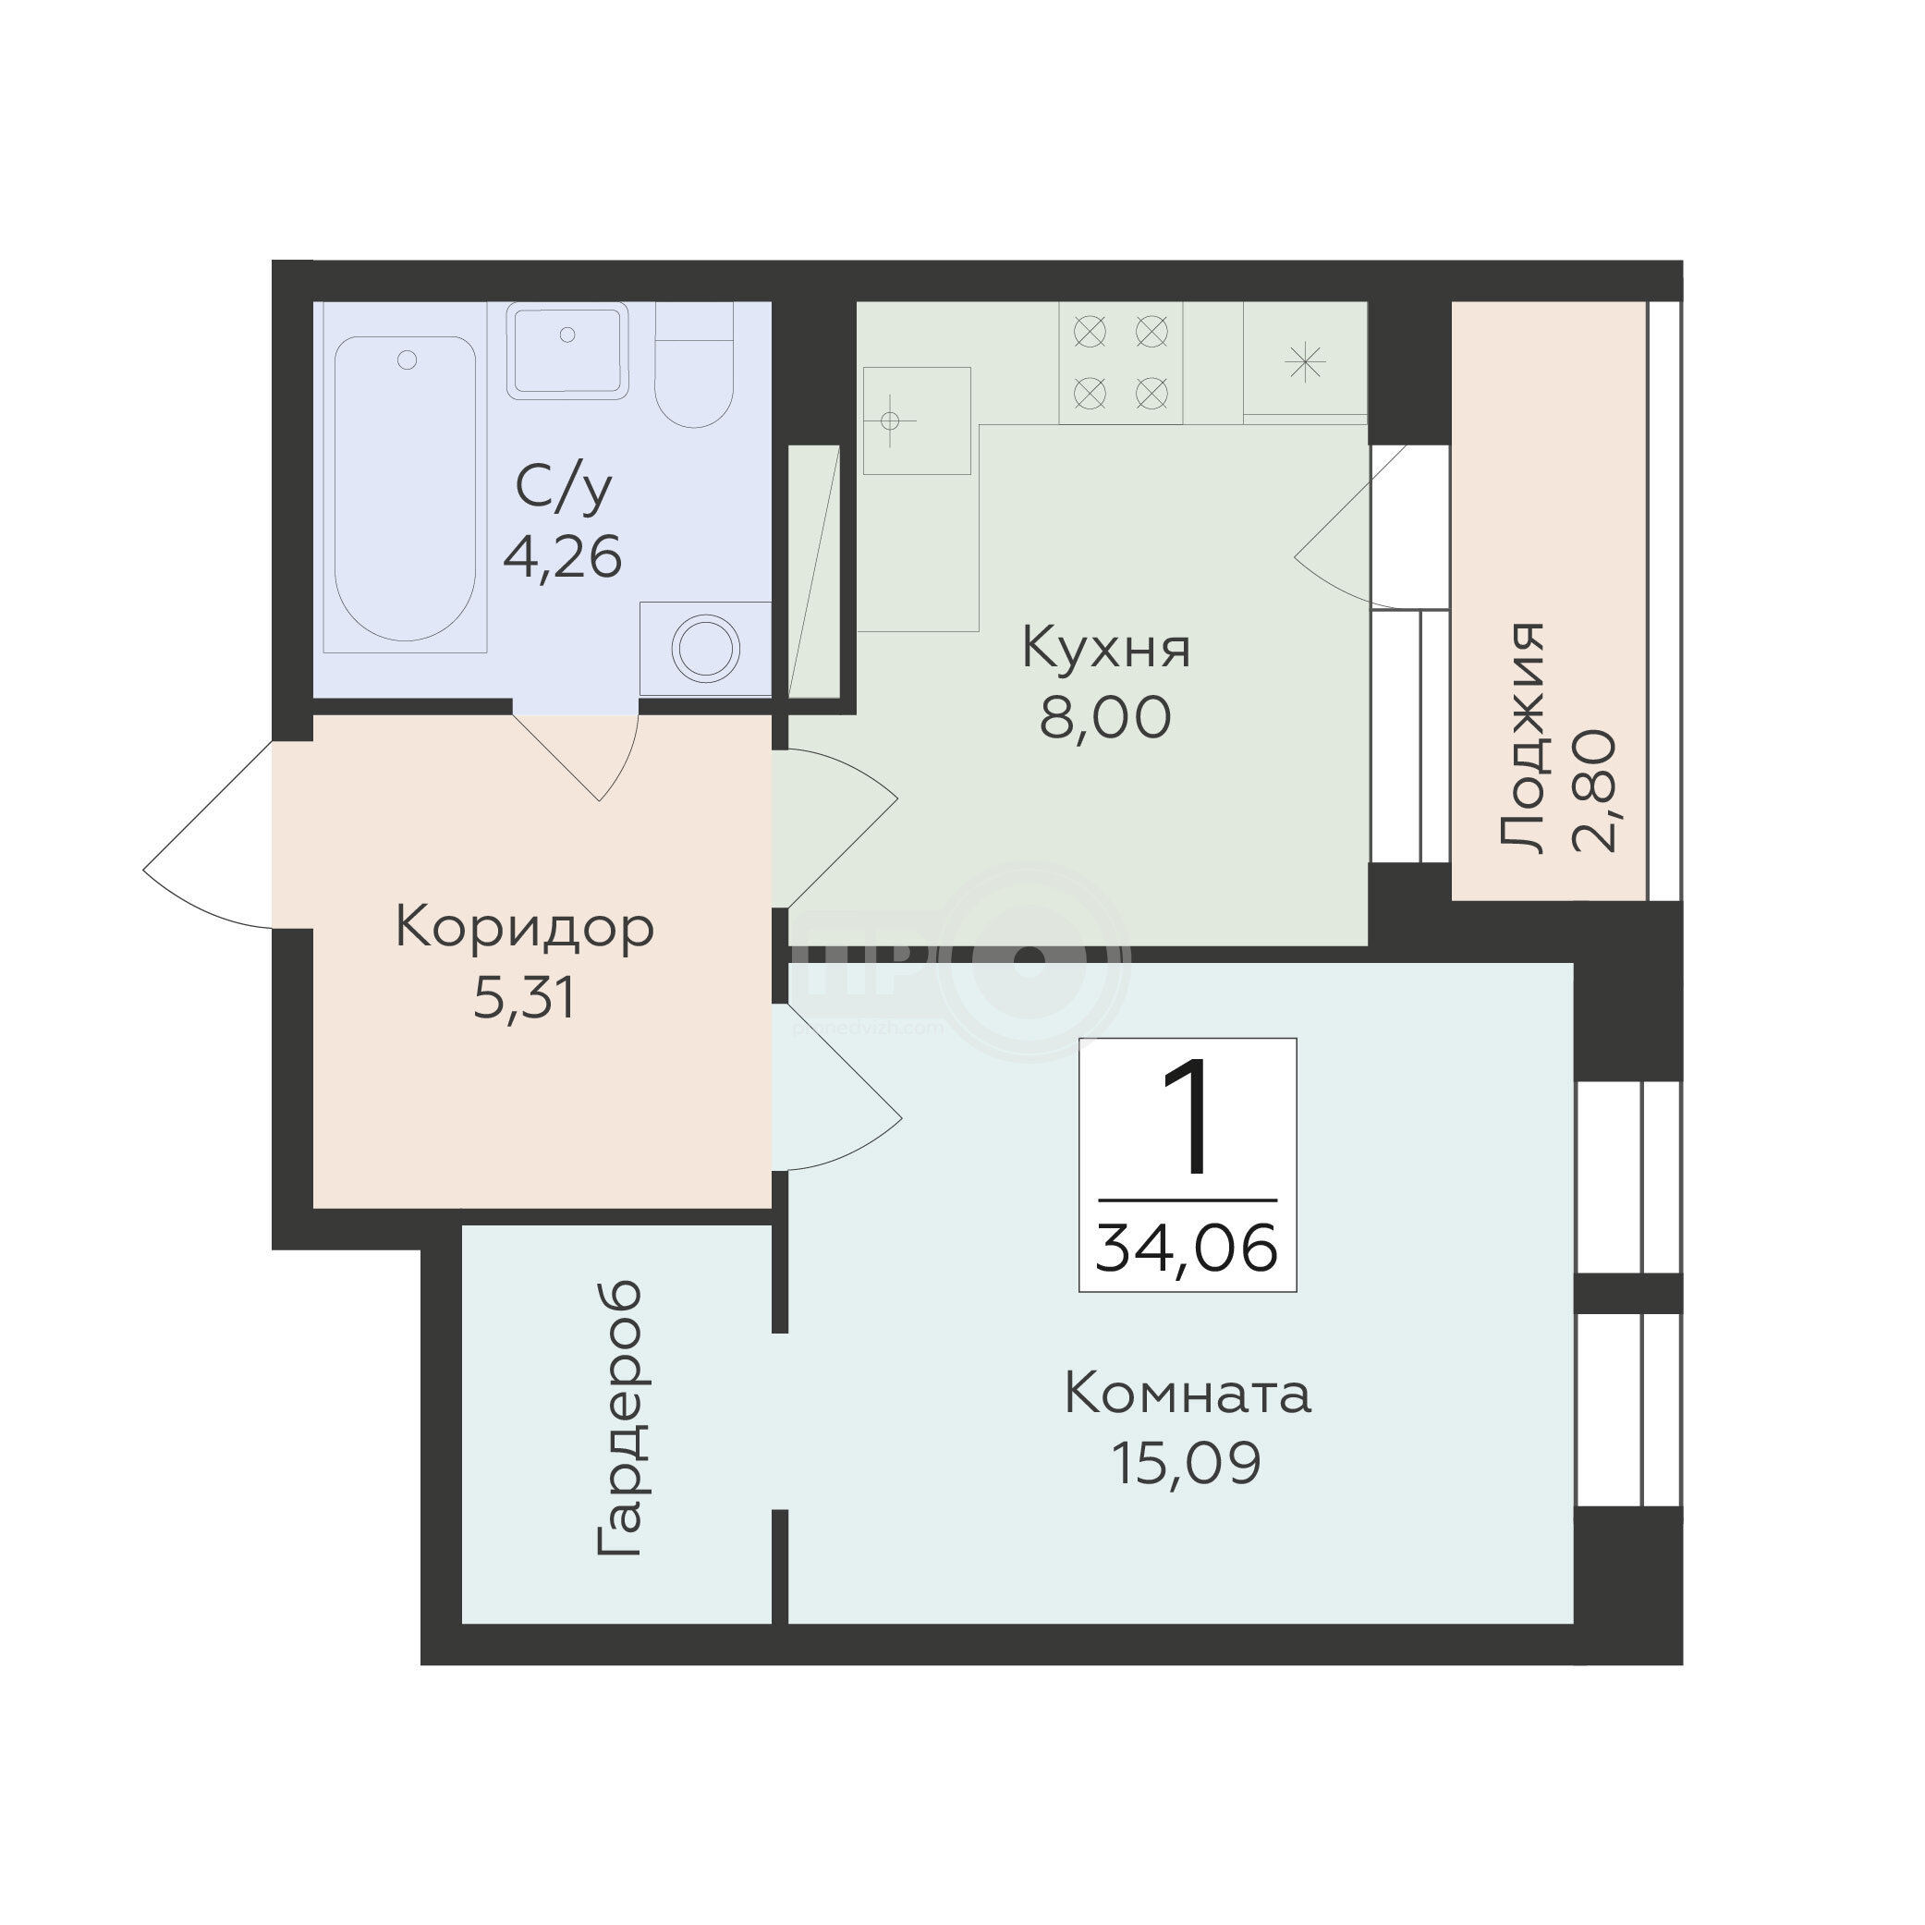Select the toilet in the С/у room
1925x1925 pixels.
pyautogui.click(x=694, y=365)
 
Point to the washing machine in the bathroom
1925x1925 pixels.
pyautogui.click(x=705, y=649)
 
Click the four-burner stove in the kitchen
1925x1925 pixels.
pyautogui.click(x=1121, y=362)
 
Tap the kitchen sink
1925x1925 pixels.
pyautogui.click(x=917, y=420)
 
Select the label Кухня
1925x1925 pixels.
pyautogui.click(x=1106, y=649)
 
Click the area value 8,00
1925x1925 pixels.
pyautogui.click(x=1105, y=717)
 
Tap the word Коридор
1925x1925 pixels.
pyautogui.click(x=524, y=929)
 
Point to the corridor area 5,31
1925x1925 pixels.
pyautogui.click(x=524, y=998)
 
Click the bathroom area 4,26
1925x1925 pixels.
pyautogui.click(x=563, y=557)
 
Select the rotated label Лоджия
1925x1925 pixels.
pyautogui.click(x=1521, y=737)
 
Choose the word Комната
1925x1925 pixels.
pyautogui.click(x=1188, y=1394)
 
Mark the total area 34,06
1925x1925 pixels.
pyautogui.click(x=1187, y=1249)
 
